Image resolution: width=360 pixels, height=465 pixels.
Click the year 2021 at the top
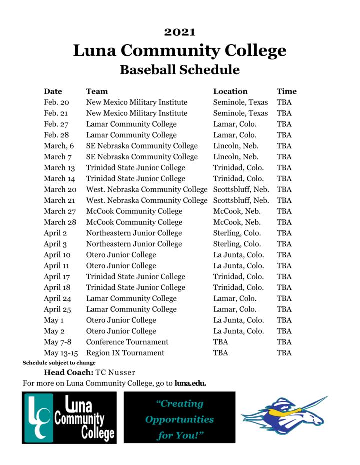[180, 32]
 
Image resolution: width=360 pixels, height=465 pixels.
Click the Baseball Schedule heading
[180, 69]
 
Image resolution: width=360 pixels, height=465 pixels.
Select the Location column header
[230, 91]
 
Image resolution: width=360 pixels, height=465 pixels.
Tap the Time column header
[286, 91]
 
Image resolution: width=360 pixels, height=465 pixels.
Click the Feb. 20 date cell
[56, 102]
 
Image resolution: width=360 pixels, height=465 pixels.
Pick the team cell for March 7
[142, 157]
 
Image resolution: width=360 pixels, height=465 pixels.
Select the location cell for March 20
[241, 190]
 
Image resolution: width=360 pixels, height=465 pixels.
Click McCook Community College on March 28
[134, 222]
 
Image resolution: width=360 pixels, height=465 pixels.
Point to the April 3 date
[55, 244]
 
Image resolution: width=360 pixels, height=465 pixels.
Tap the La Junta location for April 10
[238, 255]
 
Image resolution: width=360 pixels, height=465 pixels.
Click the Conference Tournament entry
[127, 342]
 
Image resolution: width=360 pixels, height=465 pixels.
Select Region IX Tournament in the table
[125, 353]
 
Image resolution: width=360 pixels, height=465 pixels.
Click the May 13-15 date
[61, 353]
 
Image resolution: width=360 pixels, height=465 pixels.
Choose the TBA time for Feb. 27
[284, 124]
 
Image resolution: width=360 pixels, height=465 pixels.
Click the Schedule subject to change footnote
[59, 363]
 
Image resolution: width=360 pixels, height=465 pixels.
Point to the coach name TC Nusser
[116, 373]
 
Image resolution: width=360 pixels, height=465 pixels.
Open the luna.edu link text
[190, 384]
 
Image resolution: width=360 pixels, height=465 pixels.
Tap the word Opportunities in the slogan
[179, 419]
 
